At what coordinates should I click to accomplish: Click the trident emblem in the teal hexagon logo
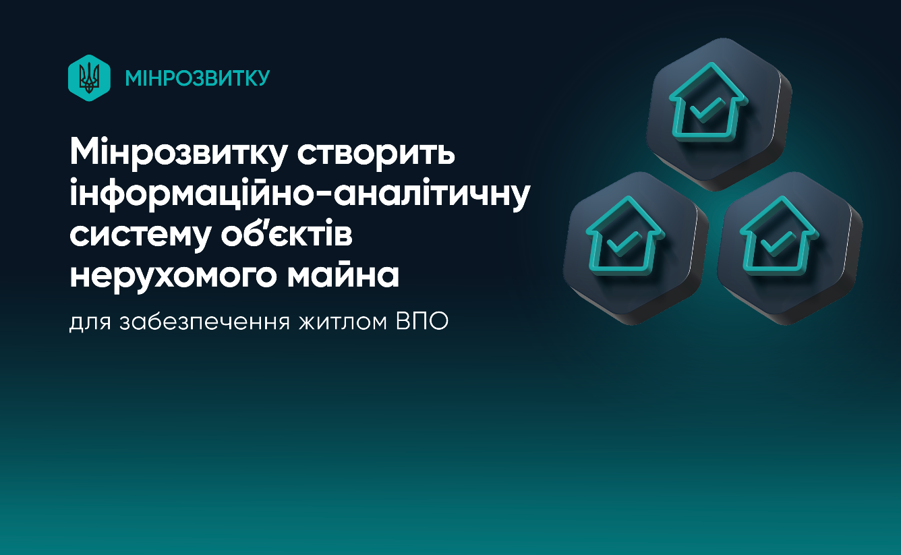pyautogui.click(x=89, y=78)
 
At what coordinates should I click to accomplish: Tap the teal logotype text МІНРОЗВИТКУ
pyautogui.click(x=198, y=78)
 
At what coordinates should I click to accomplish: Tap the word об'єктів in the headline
pyautogui.click(x=287, y=232)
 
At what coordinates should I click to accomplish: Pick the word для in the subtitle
pyautogui.click(x=90, y=323)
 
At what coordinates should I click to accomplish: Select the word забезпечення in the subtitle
pyautogui.click(x=205, y=322)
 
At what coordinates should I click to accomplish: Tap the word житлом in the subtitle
pyautogui.click(x=343, y=322)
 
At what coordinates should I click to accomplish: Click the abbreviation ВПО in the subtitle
pyautogui.click(x=422, y=322)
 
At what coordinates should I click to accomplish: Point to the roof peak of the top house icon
pyautogui.click(x=711, y=63)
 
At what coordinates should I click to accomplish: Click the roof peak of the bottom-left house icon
pyautogui.click(x=627, y=197)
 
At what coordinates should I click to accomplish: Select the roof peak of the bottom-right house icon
pyautogui.click(x=782, y=197)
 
